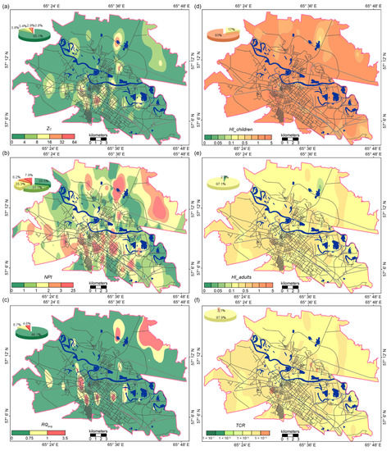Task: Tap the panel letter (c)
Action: [7, 303]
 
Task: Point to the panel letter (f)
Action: [202, 303]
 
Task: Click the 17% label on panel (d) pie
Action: [232, 30]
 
